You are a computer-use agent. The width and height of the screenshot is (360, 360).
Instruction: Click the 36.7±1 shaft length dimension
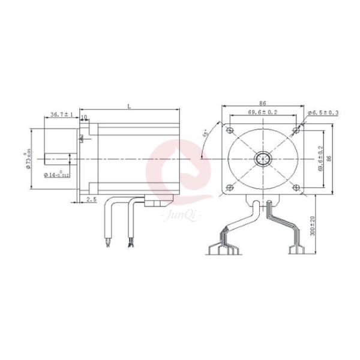point(61,114)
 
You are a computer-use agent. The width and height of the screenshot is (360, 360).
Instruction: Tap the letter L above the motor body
point(129,106)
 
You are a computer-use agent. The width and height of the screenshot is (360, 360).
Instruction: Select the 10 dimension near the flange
point(84,117)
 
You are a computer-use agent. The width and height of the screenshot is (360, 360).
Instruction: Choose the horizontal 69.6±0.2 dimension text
point(262,113)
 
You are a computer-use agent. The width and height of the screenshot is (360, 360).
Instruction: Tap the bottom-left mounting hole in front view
point(230,188)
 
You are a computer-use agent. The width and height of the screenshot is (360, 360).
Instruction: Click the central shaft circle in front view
point(262,159)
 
